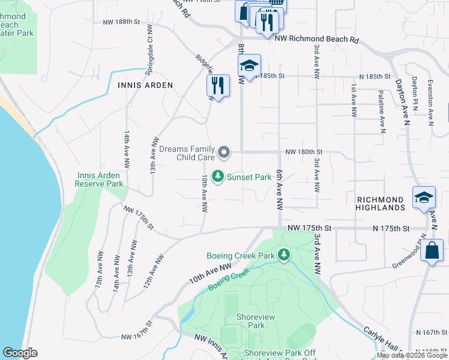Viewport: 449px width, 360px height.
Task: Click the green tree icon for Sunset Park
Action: coord(219,177)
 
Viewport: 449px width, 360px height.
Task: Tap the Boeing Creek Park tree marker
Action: coord(284,256)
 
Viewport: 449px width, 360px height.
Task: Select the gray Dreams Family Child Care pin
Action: coord(224,153)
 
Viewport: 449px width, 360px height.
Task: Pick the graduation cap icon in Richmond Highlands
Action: coord(424,198)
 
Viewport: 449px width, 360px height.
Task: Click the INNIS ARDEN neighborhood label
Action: coord(145,86)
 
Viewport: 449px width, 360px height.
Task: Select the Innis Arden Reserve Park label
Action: coord(99,179)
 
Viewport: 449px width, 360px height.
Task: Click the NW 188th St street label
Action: coord(121,22)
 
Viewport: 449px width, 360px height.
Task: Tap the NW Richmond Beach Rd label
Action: coord(316,39)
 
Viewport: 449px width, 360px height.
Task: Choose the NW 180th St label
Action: coord(304,152)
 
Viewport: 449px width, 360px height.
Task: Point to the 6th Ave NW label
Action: coord(280,189)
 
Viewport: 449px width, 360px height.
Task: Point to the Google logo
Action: coord(20,353)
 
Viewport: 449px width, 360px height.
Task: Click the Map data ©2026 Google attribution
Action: coord(412,355)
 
